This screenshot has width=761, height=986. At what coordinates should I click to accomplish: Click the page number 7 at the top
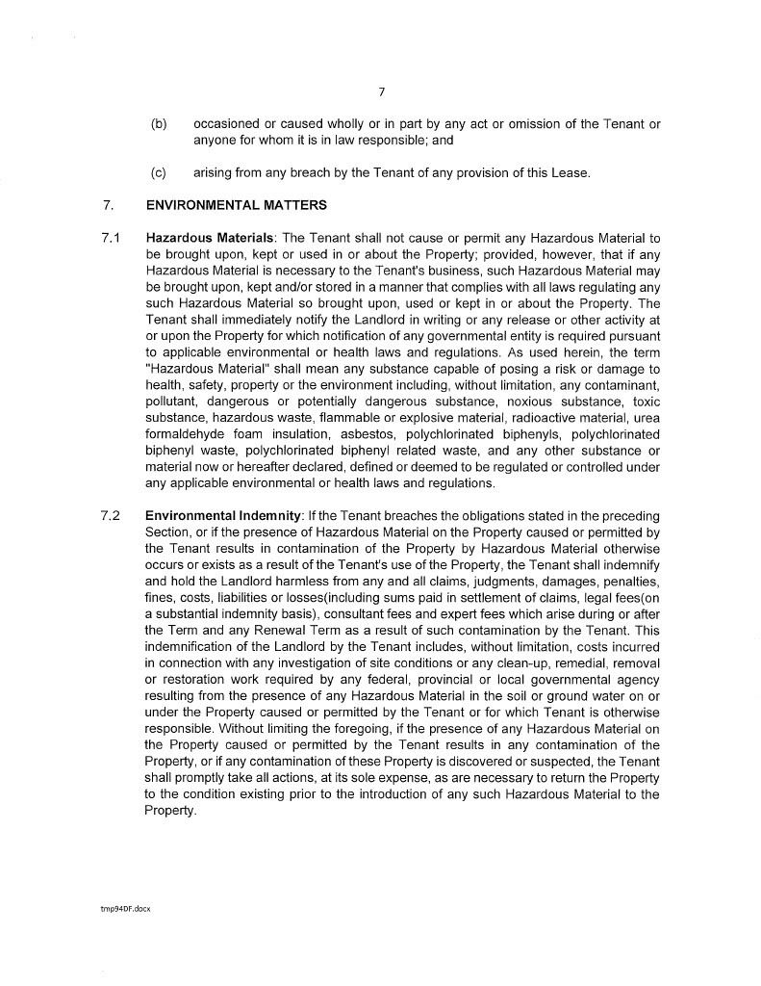381,92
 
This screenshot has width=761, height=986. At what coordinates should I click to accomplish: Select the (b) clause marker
159,124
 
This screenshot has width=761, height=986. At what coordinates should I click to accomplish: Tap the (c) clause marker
159,173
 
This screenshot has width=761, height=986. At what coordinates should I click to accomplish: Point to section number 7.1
110,237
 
